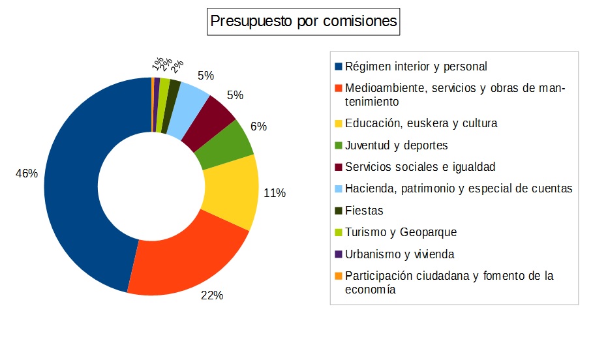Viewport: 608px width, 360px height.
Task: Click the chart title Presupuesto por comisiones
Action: pos(303,22)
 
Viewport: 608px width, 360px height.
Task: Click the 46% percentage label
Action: pos(27,174)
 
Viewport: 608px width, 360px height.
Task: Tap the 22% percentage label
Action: pos(212,295)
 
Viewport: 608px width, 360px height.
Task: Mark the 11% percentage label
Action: pos(274,193)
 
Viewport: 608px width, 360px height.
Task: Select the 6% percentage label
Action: pos(258,127)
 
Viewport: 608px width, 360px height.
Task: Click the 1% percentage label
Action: pos(157,63)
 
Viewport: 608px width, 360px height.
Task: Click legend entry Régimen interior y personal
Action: pos(416,67)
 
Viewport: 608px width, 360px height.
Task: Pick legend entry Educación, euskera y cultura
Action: pos(421,123)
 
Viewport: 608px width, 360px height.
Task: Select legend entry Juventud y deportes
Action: pos(396,145)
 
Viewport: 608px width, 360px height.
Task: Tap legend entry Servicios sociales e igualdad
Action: pos(420,167)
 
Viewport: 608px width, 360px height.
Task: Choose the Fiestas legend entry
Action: pos(364,211)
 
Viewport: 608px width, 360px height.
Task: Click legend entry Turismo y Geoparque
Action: pos(401,232)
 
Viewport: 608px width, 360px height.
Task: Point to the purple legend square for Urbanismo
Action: pos(338,254)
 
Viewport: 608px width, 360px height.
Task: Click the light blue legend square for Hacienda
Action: pos(338,189)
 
